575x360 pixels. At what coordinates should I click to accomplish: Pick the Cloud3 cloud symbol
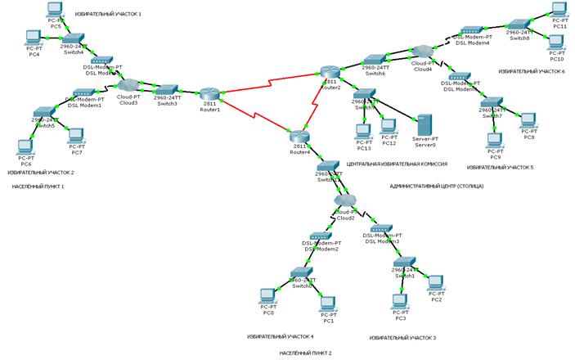point(128,84)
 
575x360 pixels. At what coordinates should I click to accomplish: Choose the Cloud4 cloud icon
point(423,52)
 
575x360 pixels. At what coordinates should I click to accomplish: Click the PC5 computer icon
point(56,11)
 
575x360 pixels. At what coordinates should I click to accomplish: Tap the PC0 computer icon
point(267,297)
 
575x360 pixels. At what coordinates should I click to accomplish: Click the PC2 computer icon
point(436,284)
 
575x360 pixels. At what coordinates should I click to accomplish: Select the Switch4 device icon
point(74,38)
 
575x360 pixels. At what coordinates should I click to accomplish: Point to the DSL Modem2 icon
point(320,237)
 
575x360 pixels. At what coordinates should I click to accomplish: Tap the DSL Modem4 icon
point(472,31)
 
